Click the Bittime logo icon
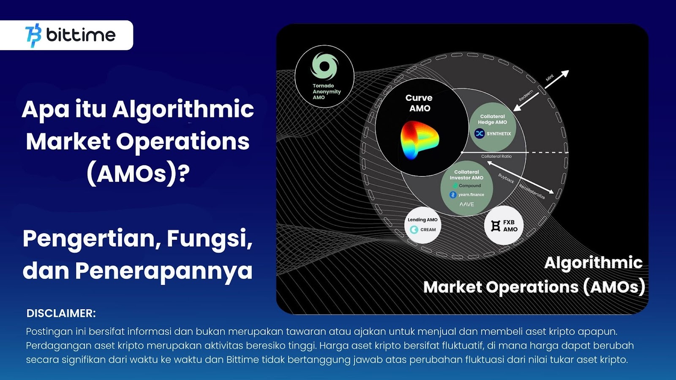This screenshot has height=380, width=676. coord(33,35)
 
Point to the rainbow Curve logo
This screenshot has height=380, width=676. coord(420,140)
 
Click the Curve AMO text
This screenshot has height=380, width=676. coord(419,103)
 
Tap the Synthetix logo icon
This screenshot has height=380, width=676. coord(480,133)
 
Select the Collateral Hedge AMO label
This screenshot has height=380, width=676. coord(492,119)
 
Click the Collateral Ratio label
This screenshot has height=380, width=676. coord(496,156)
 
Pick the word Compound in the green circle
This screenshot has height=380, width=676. coord(469,185)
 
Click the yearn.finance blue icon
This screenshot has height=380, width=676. coord(453,195)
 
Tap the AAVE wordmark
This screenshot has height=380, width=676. coord(466,204)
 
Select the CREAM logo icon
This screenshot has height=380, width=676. coord(414,230)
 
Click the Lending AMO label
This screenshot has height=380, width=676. coord(422,220)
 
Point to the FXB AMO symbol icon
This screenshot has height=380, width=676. coord(496,226)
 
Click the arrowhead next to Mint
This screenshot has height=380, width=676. coord(565,73)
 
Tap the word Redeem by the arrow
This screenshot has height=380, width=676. coord(526,95)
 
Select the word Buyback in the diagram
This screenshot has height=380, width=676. coord(506,178)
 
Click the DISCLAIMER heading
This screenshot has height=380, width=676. coord(61,313)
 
